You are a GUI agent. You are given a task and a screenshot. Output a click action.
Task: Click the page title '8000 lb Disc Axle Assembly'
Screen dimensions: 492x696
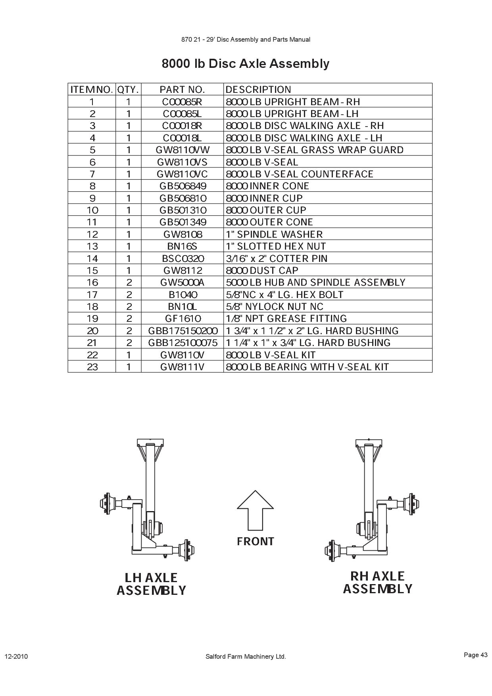(245, 63)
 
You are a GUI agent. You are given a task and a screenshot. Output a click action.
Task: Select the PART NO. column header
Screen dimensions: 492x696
(182, 89)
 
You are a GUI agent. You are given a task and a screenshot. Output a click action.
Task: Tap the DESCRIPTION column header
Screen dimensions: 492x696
(258, 89)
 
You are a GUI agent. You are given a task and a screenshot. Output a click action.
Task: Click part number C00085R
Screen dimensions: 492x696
(182, 102)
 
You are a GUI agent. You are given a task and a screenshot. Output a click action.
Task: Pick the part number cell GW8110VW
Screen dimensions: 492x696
(182, 150)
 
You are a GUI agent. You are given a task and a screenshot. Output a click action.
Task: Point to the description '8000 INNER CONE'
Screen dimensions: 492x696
(267, 186)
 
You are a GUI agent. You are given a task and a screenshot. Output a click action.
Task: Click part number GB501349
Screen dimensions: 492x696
(183, 222)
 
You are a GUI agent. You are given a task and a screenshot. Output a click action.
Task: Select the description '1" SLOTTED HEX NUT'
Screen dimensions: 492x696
(276, 246)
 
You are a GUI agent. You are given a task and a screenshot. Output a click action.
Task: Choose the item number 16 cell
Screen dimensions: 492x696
(92, 282)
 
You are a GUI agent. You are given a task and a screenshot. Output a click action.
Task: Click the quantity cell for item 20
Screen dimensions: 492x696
(129, 331)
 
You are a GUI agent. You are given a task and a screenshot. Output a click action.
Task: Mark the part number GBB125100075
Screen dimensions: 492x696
(183, 342)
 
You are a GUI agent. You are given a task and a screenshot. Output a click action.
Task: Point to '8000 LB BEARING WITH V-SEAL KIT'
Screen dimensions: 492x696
(307, 367)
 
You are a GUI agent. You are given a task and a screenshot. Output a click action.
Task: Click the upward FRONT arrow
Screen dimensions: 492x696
(256, 510)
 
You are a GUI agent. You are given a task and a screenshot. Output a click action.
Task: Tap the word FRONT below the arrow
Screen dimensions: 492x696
(256, 541)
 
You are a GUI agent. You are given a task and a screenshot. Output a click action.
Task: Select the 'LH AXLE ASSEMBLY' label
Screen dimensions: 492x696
(151, 584)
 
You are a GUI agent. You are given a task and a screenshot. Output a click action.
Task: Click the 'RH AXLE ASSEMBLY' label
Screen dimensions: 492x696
(378, 582)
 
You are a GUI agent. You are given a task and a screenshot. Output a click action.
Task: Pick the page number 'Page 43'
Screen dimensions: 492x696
(475, 655)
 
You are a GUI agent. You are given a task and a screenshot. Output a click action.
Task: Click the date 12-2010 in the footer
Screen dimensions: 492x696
(16, 656)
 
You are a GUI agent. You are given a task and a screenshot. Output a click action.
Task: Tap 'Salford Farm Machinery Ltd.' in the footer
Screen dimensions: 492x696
(246, 656)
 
